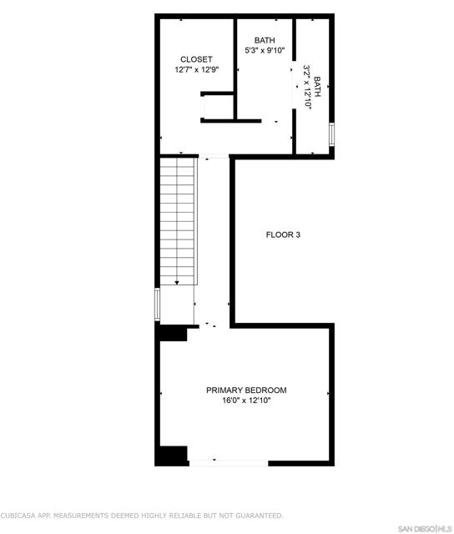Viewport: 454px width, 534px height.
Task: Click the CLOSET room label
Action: [196, 59]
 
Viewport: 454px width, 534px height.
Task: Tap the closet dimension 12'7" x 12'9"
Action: [196, 70]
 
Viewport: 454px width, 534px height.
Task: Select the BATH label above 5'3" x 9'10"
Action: [265, 40]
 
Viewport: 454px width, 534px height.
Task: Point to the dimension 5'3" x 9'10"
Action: [265, 50]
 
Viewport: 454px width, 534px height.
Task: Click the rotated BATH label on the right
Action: [317, 87]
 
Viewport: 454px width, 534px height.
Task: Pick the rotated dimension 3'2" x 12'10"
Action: [306, 87]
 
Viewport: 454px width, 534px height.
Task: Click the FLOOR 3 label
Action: [283, 234]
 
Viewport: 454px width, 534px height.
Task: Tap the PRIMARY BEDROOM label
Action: [246, 390]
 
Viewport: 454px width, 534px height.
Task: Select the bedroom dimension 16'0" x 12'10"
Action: [246, 400]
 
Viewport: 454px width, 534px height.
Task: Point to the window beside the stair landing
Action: [157, 305]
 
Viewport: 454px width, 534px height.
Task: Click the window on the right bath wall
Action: [332, 134]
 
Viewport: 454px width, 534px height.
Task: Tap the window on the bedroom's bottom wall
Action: [228, 461]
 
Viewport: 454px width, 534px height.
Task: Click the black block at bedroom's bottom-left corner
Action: [172, 456]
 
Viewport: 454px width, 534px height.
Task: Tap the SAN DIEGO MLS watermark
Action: [423, 528]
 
